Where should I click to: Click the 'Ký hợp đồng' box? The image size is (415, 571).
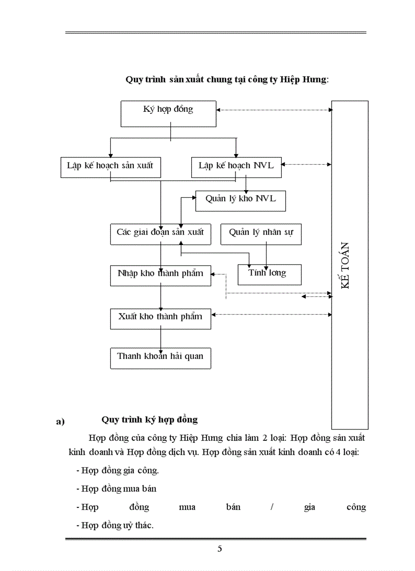pos(168,113)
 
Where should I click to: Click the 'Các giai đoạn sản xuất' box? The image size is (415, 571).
pos(160,233)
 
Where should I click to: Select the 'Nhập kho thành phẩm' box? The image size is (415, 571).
pos(160,274)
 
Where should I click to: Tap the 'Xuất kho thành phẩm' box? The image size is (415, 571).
pos(160,317)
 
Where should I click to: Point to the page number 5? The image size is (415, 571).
pos(220,549)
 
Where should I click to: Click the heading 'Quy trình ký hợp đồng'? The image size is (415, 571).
pos(150,419)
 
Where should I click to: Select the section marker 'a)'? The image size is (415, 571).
pos(61,422)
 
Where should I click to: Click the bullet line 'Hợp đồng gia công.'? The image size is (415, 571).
pos(117,470)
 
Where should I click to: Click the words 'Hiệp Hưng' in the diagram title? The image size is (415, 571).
pos(304,80)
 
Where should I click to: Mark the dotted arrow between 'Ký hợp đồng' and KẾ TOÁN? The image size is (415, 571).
pos(274,109)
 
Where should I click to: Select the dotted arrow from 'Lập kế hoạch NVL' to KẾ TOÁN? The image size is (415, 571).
pos(306,164)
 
